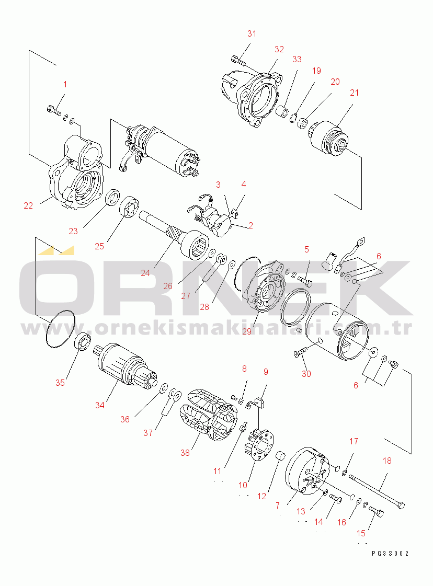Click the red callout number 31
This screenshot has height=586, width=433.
pyautogui.click(x=252, y=33)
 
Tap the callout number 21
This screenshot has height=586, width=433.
pyautogui.click(x=354, y=93)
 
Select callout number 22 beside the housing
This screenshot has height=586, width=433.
pyautogui.click(x=28, y=205)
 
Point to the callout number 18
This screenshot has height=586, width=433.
pyautogui.click(x=387, y=461)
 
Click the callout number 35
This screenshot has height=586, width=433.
pyautogui.click(x=60, y=382)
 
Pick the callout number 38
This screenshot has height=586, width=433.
pyautogui.click(x=185, y=453)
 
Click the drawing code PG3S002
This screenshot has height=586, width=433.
pyautogui.click(x=390, y=554)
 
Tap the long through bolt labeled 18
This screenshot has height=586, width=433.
pyautogui.click(x=377, y=491)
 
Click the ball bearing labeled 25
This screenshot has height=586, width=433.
pyautogui.click(x=129, y=208)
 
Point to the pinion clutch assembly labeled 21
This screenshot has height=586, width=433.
pyautogui.click(x=329, y=139)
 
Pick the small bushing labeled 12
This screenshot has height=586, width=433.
pyautogui.click(x=280, y=456)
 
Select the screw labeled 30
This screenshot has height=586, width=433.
pyautogui.click(x=300, y=352)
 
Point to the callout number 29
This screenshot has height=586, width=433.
pyautogui.click(x=247, y=331)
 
